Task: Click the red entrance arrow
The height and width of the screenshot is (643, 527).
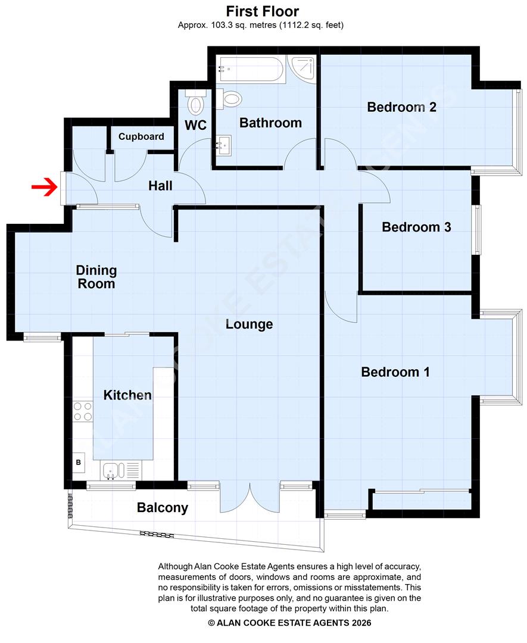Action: (45, 189)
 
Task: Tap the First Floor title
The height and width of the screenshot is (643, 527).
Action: (263, 11)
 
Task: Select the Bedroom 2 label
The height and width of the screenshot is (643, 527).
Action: (402, 107)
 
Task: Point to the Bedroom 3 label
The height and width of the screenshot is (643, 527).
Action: (416, 227)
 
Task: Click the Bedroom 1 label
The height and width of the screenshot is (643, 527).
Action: (395, 372)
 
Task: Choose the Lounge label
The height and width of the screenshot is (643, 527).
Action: (249, 324)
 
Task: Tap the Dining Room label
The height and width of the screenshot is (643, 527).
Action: (96, 277)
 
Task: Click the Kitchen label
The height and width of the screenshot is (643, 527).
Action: (127, 395)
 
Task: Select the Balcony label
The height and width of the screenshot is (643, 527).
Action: (163, 508)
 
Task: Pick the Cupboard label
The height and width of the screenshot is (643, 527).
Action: (141, 136)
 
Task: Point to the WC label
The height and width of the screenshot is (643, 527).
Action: (195, 126)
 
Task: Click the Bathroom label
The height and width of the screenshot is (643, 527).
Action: (270, 123)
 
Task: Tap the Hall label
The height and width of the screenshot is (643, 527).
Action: (160, 186)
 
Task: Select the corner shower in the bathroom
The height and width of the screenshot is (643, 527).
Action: (303, 70)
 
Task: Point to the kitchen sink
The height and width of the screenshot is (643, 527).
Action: (111, 470)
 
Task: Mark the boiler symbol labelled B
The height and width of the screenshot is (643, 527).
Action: (78, 461)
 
